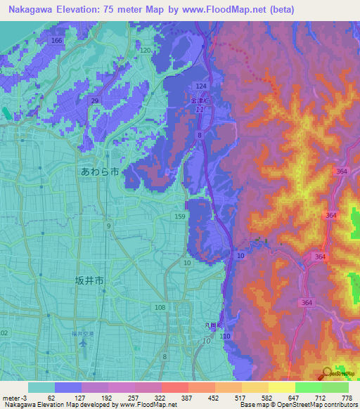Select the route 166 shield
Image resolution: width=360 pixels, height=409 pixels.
pyautogui.click(x=57, y=41)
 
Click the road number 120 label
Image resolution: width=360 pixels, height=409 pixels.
pyautogui.click(x=146, y=51)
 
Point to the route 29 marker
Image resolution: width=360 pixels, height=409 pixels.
pyautogui.click(x=94, y=102)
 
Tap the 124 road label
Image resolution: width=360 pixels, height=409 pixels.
pyautogui.click(x=200, y=86)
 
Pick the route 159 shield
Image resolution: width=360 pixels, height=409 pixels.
pyautogui.click(x=180, y=217)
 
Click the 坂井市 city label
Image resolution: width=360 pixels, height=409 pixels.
pyautogui.click(x=89, y=280)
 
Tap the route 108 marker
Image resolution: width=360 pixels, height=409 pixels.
pyautogui.click(x=160, y=308)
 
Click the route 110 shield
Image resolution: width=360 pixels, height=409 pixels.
pyautogui.click(x=226, y=337)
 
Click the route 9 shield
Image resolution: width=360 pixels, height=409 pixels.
pyautogui.click(x=108, y=226)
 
